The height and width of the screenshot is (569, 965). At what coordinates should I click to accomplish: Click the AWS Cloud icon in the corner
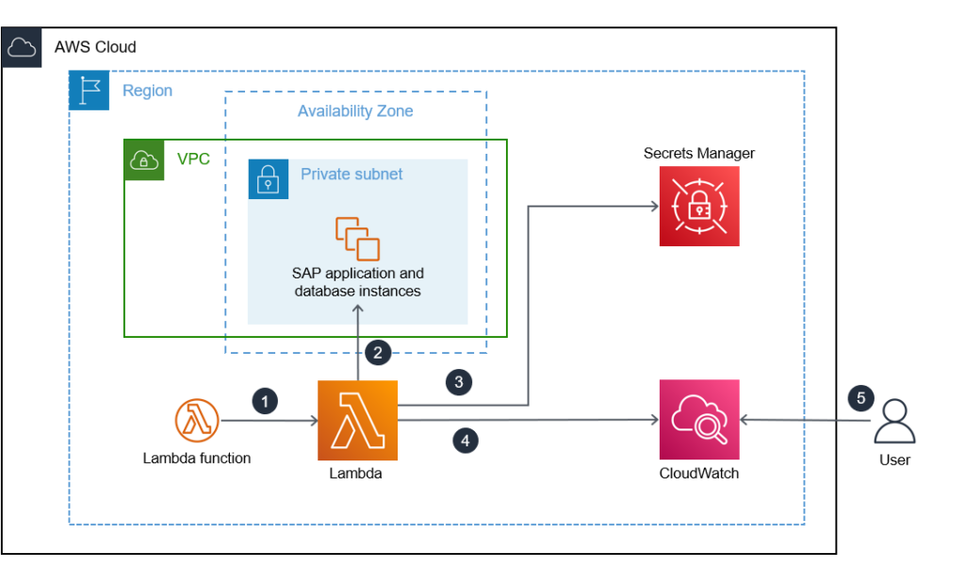tap(22, 47)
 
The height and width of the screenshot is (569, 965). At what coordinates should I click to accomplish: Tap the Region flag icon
tap(90, 91)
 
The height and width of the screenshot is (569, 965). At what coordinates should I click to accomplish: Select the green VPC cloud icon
tap(144, 159)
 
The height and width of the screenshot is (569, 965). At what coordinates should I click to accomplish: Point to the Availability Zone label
tap(355, 111)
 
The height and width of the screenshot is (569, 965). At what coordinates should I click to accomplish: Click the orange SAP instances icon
tap(357, 238)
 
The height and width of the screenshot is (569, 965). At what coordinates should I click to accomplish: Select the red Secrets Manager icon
tap(699, 207)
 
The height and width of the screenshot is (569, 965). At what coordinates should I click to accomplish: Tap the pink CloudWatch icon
tap(699, 419)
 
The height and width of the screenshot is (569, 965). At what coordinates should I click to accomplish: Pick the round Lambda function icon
tap(197, 420)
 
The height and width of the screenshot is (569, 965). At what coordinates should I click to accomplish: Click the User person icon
tap(893, 421)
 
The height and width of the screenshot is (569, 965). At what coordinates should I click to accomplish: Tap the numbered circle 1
tap(265, 401)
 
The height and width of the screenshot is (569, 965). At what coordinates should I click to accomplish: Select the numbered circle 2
tap(378, 354)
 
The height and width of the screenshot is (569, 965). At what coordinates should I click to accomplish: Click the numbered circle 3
tap(459, 382)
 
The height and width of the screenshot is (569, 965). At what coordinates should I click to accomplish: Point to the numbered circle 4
tap(464, 440)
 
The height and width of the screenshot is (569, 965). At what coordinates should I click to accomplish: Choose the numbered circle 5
tap(859, 398)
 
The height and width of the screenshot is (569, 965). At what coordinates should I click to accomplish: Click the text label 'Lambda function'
tap(197, 459)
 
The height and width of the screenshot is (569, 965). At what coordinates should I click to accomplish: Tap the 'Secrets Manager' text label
tap(699, 153)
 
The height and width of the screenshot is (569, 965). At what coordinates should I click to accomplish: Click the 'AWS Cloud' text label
tap(95, 47)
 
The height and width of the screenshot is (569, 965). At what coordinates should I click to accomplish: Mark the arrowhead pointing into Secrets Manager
tap(652, 206)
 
